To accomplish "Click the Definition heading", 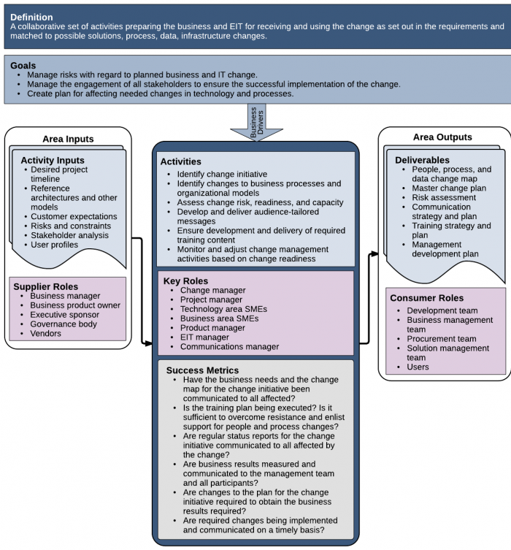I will coord(31,17).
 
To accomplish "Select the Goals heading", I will coord(23,65).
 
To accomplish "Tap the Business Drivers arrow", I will coord(255,123).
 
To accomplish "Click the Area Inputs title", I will coord(68,139).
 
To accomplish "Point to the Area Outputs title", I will coord(442,137).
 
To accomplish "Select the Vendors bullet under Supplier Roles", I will coord(45,334).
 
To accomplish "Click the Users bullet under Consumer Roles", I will coord(418,367).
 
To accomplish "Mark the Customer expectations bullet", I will coord(73,216).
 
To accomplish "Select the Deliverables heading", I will coord(422,160).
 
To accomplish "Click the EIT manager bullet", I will coord(204,337).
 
